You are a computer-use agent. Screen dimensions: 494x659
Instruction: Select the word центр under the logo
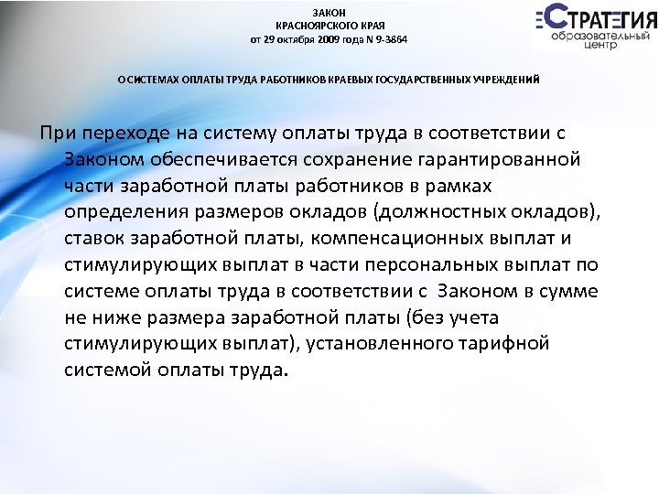[x=605, y=44]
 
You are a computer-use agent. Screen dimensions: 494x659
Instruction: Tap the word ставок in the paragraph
[x=94, y=240]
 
